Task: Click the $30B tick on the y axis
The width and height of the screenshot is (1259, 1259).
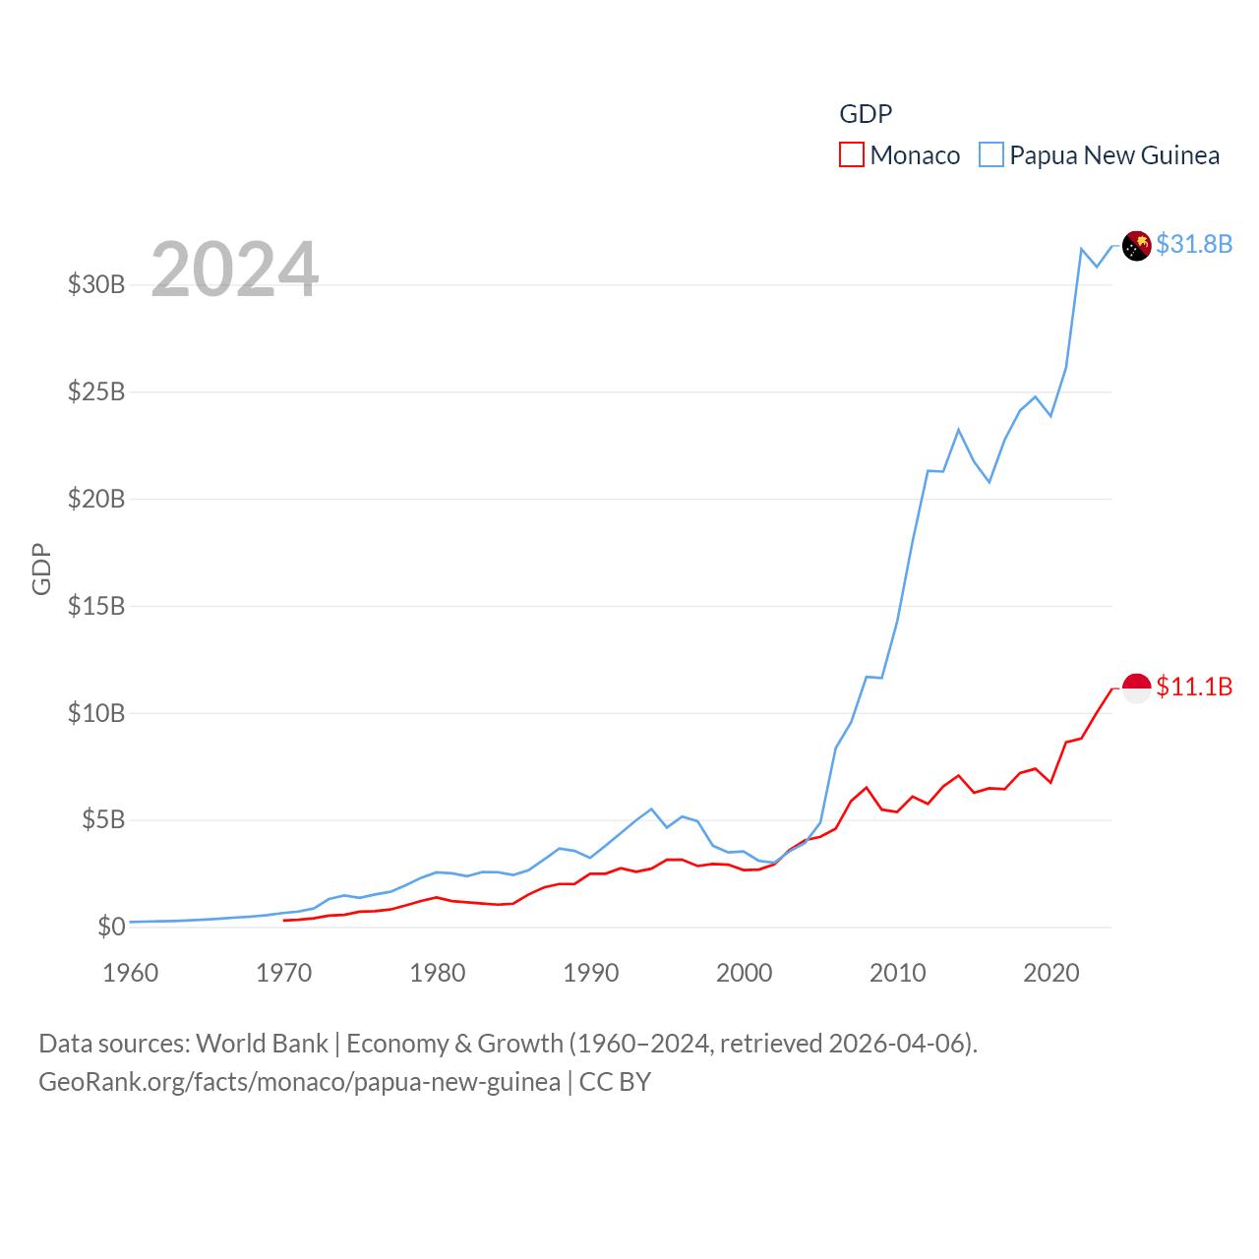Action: coord(96,285)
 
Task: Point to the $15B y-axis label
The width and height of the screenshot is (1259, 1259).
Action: coord(96,606)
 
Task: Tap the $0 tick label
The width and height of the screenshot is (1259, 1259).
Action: coord(111,927)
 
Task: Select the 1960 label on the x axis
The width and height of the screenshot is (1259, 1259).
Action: coord(131,973)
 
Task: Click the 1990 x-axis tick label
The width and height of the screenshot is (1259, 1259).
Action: coord(591,973)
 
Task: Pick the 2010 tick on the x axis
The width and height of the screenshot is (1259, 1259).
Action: coord(898,973)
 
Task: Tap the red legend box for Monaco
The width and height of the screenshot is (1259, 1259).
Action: coord(852,155)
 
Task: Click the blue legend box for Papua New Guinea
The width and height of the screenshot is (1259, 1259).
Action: coord(991,155)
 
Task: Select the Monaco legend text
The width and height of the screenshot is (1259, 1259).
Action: coord(915,155)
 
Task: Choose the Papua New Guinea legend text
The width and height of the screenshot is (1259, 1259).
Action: coord(1114,155)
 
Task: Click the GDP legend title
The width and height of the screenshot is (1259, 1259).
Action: coord(866,114)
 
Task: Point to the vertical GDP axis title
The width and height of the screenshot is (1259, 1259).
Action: coord(41,569)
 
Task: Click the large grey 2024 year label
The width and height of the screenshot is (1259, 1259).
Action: coord(235,270)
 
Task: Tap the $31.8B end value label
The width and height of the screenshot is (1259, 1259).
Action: coord(1194,244)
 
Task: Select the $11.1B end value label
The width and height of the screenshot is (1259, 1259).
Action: coord(1194,687)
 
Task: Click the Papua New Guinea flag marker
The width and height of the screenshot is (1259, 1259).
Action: coord(1137,246)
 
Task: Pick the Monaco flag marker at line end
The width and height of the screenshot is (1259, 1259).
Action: coord(1137,689)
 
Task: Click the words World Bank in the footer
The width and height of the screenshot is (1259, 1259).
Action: coord(263,1044)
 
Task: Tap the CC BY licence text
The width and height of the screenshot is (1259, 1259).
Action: coord(615,1082)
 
